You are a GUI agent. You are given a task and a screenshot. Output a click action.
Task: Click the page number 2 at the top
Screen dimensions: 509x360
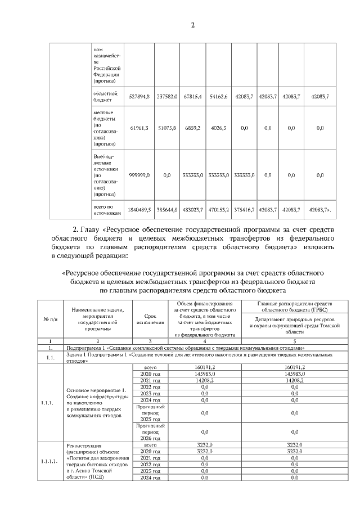click(192, 25)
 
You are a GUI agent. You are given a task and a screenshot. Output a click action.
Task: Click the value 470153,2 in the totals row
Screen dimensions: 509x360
click(218, 209)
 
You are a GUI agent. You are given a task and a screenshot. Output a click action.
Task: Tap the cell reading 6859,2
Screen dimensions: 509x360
click(192, 128)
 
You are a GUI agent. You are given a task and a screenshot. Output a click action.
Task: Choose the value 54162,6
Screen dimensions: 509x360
click(218, 97)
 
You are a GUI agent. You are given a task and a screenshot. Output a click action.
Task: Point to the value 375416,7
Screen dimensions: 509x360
click(244, 209)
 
